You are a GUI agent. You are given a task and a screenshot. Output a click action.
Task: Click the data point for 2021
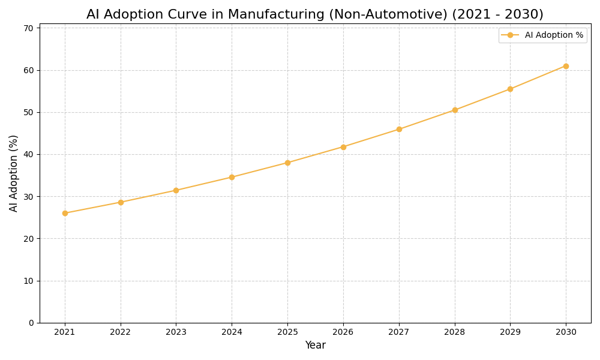[x=65, y=213]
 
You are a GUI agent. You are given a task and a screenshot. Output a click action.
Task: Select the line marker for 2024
[x=232, y=177]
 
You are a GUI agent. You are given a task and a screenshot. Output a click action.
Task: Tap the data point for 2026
[x=343, y=147]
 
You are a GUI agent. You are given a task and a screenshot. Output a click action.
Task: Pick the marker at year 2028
[x=455, y=110]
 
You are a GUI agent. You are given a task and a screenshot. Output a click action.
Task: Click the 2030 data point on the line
[x=566, y=66]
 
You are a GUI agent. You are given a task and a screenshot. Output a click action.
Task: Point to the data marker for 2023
[x=176, y=190]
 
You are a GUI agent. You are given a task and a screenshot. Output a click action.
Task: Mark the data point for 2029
[x=510, y=89]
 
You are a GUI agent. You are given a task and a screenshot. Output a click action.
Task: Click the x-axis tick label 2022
[x=121, y=332]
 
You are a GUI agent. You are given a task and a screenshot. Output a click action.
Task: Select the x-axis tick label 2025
[x=287, y=332]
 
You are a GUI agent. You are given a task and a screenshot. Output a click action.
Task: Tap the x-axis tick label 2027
[x=399, y=332]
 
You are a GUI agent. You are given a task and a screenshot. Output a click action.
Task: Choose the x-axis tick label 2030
[x=566, y=332]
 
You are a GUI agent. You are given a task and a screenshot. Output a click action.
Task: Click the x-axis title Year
[x=315, y=346]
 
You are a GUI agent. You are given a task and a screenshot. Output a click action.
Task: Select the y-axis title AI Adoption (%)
[x=14, y=173]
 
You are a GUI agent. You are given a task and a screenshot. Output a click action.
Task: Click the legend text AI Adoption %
[x=554, y=35]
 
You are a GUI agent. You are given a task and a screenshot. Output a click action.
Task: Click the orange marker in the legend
[x=510, y=35]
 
